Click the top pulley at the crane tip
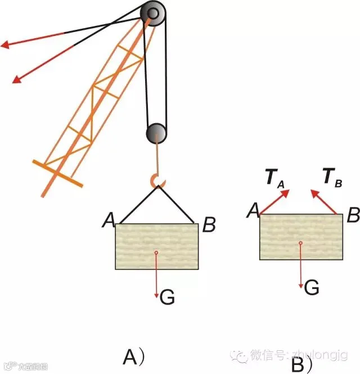153,13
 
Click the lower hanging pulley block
156,133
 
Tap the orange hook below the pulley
157,181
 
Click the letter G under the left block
166,296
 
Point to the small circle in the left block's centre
156,253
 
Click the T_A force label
274,178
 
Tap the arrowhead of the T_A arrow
285,193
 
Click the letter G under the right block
312,288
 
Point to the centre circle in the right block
300,243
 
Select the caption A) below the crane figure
134,357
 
